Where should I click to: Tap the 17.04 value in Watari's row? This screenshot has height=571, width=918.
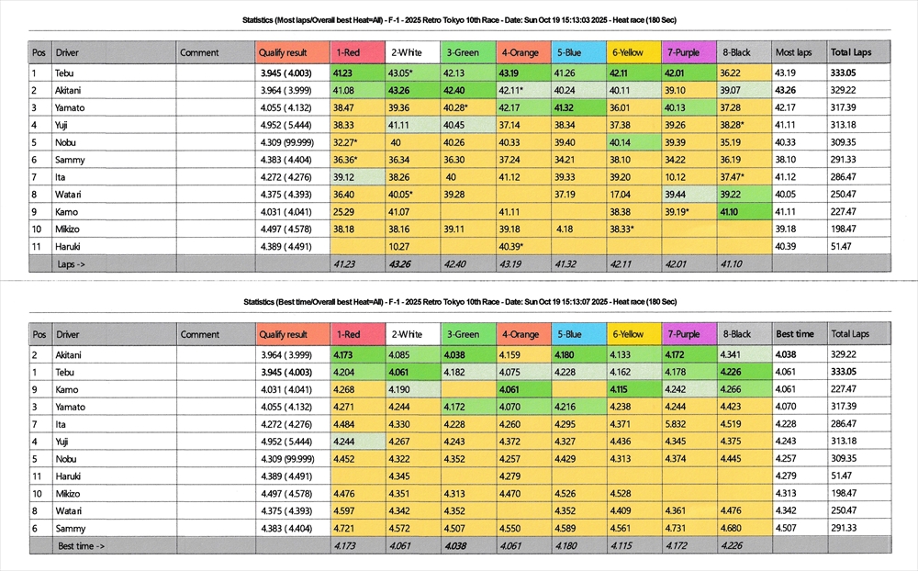pyautogui.click(x=620, y=194)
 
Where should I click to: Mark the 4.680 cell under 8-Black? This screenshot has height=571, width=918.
pyautogui.click(x=732, y=528)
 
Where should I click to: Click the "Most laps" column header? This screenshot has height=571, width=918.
pyautogui.click(x=793, y=52)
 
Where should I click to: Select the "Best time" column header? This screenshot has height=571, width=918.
pyautogui.click(x=795, y=334)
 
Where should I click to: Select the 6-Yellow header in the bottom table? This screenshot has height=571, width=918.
pyautogui.click(x=628, y=334)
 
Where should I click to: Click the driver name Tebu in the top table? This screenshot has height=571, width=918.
pyautogui.click(x=65, y=73)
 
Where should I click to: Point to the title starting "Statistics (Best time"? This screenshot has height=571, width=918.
pyautogui.click(x=460, y=301)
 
